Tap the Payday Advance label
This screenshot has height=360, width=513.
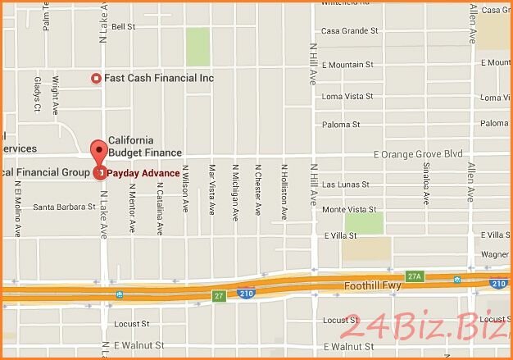click(x=143, y=173)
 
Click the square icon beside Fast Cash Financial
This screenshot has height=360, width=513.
click(x=96, y=78)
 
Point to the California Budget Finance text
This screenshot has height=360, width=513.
click(x=145, y=146)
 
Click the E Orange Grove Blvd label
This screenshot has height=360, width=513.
click(x=418, y=153)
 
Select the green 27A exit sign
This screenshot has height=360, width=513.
click(x=415, y=276)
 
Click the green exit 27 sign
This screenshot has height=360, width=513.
click(x=218, y=295)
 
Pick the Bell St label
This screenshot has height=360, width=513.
click(x=123, y=26)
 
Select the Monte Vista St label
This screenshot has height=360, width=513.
click(x=350, y=210)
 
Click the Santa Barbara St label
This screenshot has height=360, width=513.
click(x=64, y=207)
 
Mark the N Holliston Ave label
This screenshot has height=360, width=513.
click(x=284, y=194)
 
